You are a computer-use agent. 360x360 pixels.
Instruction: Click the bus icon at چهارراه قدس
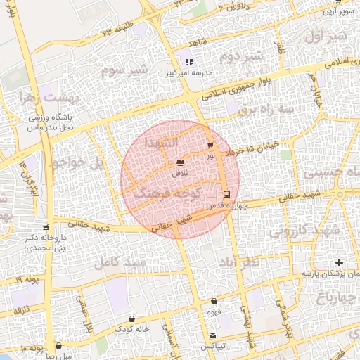(226, 194)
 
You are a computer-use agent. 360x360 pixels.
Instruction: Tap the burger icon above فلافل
(181, 162)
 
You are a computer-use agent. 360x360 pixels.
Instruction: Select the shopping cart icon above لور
(210, 145)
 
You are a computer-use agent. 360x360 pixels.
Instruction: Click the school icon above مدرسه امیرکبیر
(188, 62)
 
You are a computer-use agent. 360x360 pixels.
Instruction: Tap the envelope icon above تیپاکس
(212, 335)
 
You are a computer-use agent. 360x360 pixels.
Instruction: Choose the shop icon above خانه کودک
(132, 319)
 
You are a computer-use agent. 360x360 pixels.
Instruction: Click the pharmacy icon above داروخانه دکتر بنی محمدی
(46, 227)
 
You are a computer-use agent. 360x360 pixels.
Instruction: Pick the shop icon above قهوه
(212, 301)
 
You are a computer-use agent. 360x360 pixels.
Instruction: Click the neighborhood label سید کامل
(124, 262)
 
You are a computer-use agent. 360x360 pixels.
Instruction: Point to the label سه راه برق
(265, 110)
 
